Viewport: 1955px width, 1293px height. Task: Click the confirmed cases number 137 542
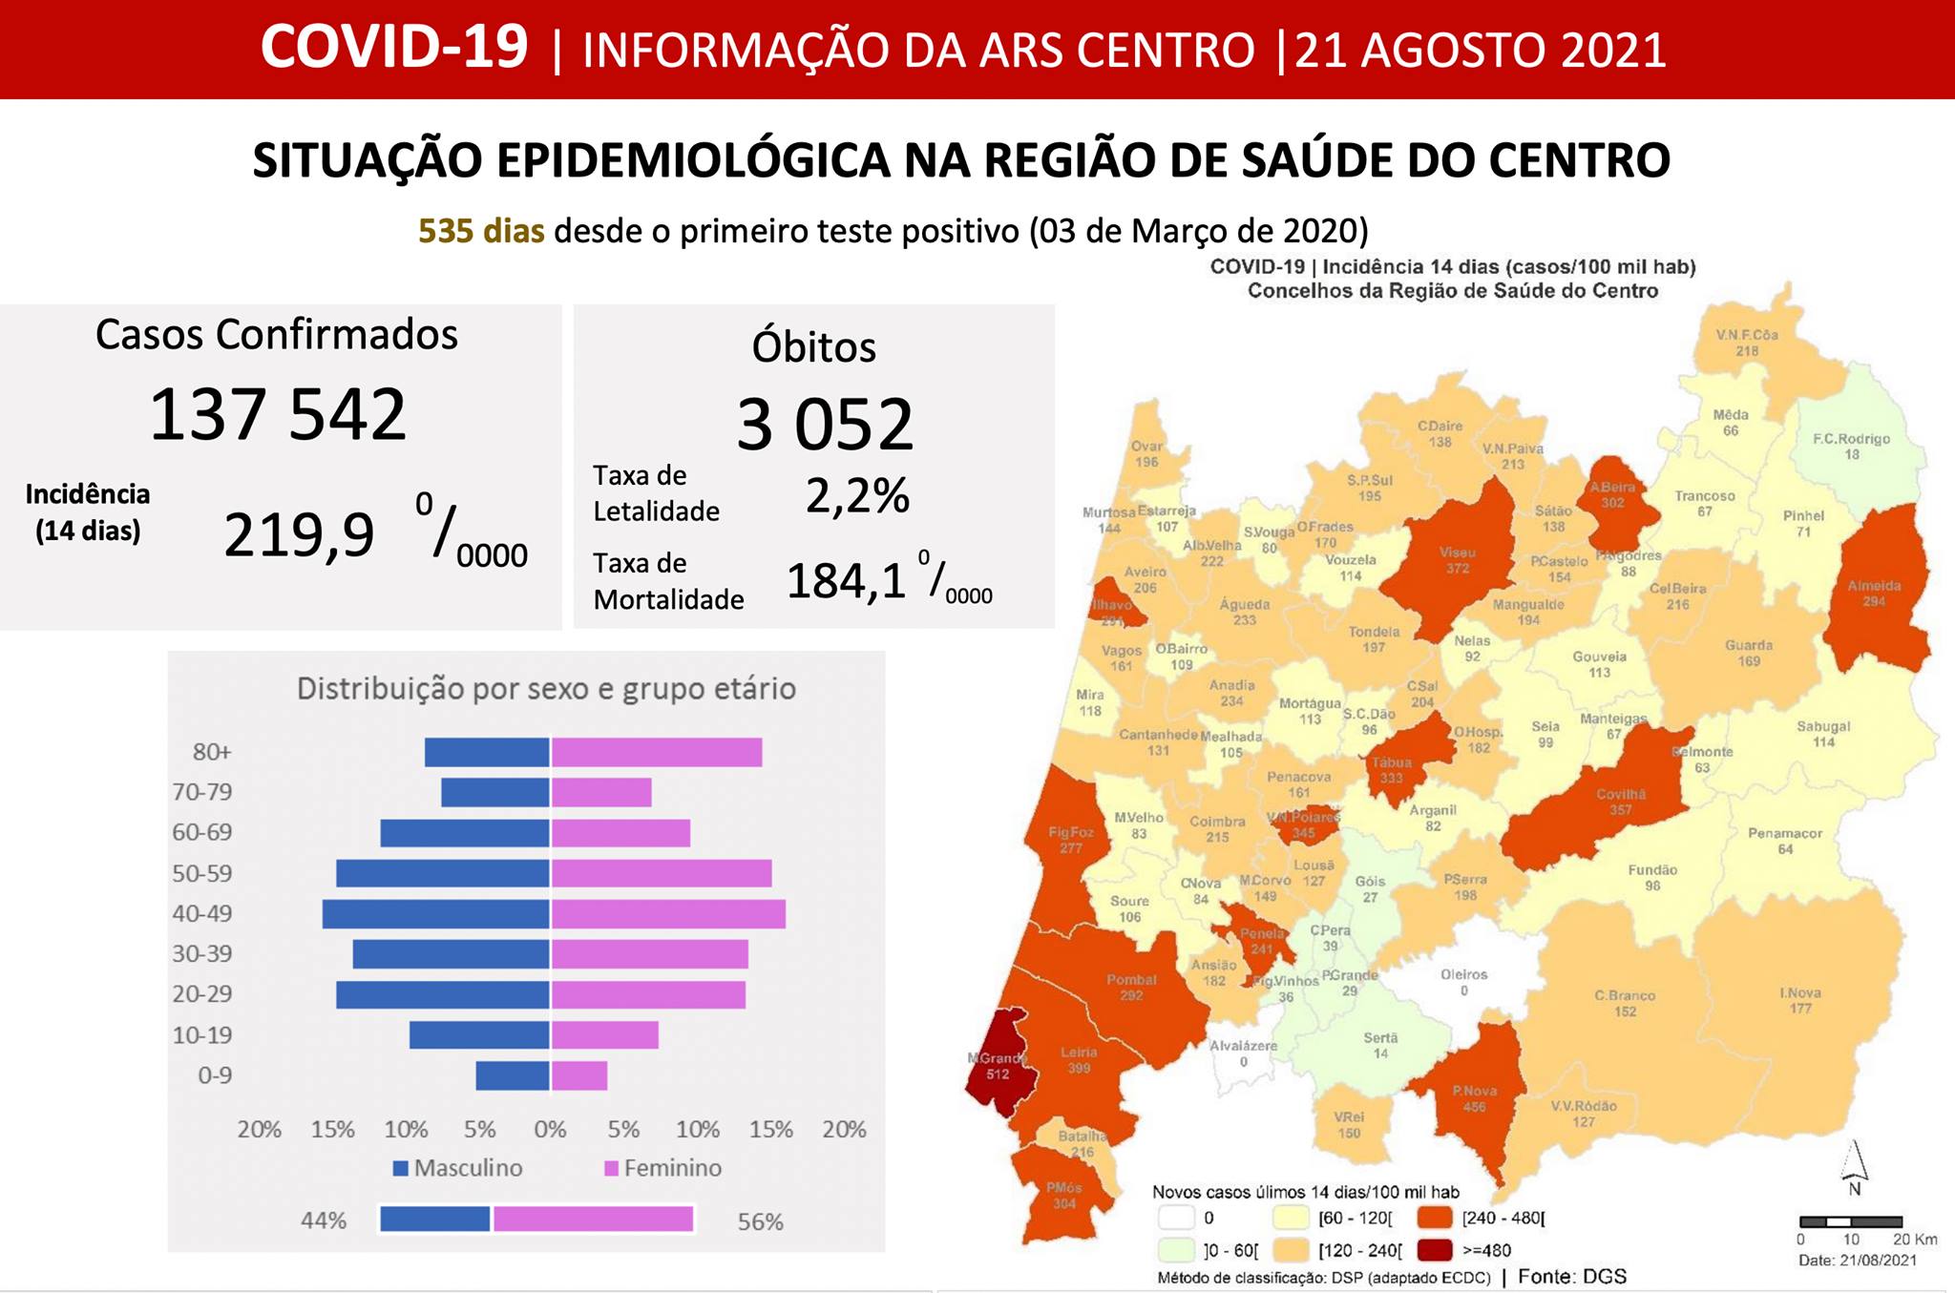click(x=278, y=415)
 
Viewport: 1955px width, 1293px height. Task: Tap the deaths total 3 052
click(x=825, y=425)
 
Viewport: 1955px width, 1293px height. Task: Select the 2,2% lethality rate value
click(x=857, y=496)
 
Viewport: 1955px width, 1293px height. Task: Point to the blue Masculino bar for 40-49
click(x=436, y=914)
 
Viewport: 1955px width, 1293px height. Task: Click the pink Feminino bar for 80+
click(x=657, y=752)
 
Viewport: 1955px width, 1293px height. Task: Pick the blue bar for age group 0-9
click(x=513, y=1075)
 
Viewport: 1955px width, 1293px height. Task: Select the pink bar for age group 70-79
click(x=601, y=792)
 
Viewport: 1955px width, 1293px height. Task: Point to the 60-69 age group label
click(x=202, y=832)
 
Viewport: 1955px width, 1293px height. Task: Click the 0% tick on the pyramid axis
click(x=551, y=1130)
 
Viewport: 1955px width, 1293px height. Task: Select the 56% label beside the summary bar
click(x=760, y=1221)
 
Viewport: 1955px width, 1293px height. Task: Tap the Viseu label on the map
click(x=1458, y=553)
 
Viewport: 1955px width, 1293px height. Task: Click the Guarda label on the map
click(x=1749, y=646)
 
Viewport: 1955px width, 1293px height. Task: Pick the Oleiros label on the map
click(x=1463, y=975)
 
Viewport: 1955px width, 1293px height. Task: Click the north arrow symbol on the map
click(x=1854, y=1164)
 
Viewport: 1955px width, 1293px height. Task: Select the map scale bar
click(x=1851, y=1221)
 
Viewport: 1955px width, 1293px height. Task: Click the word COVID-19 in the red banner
click(x=394, y=48)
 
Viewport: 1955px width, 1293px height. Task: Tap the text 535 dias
click(x=481, y=231)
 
